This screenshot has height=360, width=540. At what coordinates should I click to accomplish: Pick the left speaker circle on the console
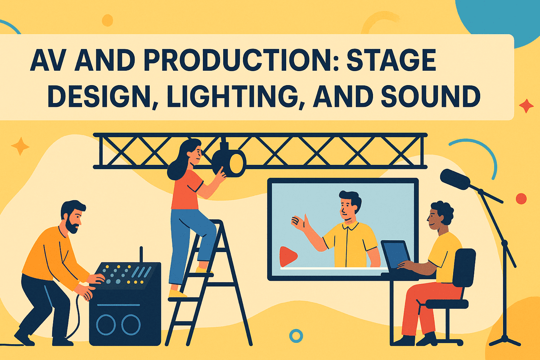click(106, 324)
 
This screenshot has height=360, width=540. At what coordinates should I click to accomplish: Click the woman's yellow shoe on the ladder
click(177, 293)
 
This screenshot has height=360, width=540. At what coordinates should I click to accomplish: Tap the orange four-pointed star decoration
click(20, 147)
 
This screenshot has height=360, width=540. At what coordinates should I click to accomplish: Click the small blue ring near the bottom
click(296, 335)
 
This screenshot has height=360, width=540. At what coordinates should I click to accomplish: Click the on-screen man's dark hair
click(348, 198)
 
